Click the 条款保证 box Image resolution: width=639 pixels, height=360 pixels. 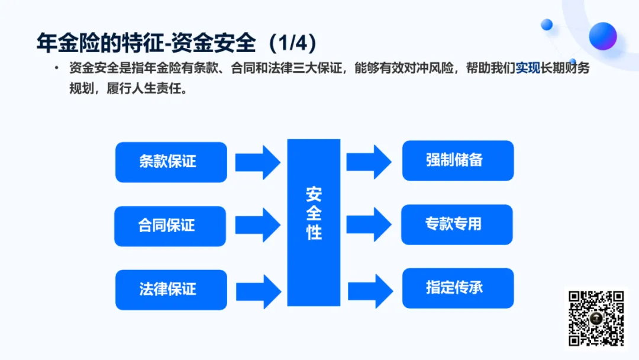(171, 162)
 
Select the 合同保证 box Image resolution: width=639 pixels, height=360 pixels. (170, 226)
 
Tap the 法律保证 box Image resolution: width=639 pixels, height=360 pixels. (171, 290)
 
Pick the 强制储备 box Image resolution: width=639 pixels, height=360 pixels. (458, 160)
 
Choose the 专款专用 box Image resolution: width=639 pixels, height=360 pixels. (457, 224)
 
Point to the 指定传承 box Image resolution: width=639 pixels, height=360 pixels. (458, 288)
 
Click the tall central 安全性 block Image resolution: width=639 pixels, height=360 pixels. (314, 222)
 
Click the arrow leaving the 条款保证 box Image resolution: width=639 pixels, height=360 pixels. (258, 162)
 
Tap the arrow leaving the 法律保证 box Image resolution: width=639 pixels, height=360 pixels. (258, 290)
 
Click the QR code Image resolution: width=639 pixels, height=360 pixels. (596, 318)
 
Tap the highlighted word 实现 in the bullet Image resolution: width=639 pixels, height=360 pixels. (528, 67)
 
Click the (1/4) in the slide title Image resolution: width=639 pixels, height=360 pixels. (292, 43)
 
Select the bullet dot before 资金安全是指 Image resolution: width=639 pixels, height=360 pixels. (56, 68)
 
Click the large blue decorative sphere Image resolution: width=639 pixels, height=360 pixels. (603, 36)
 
